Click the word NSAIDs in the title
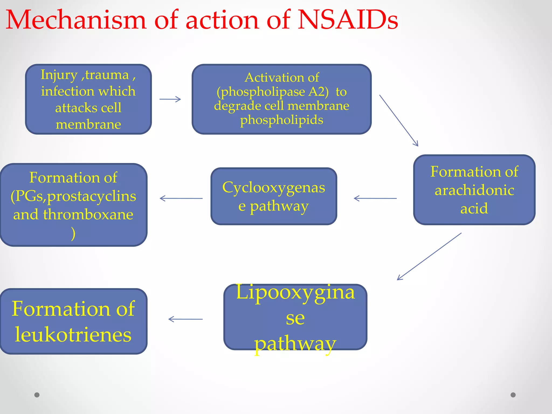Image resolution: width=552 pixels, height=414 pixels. (348, 20)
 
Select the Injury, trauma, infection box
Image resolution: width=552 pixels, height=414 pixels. (88, 99)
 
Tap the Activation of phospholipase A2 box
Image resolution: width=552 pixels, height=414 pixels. (281, 99)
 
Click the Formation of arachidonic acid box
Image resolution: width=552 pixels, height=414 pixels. (474, 190)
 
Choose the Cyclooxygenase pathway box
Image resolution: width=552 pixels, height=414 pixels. (274, 196)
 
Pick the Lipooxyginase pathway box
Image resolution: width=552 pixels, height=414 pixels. (295, 317)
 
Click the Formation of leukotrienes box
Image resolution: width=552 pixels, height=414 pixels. (73, 321)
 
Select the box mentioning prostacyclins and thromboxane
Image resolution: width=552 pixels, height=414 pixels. (73, 205)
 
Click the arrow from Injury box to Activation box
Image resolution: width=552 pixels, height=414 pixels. (170, 99)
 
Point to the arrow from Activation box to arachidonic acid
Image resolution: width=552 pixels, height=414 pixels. (399, 120)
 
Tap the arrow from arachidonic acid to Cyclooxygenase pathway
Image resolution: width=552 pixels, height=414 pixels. (375, 198)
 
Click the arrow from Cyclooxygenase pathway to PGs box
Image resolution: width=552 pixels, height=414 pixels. (181, 198)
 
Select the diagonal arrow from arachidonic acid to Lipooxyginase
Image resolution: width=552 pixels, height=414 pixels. (429, 256)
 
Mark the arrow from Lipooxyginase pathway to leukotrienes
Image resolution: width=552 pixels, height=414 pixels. (185, 319)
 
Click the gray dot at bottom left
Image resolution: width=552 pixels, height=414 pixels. (37, 395)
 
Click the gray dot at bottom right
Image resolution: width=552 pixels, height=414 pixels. (513, 395)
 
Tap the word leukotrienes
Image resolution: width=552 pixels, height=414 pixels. (73, 335)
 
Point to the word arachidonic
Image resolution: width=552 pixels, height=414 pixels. (474, 190)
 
